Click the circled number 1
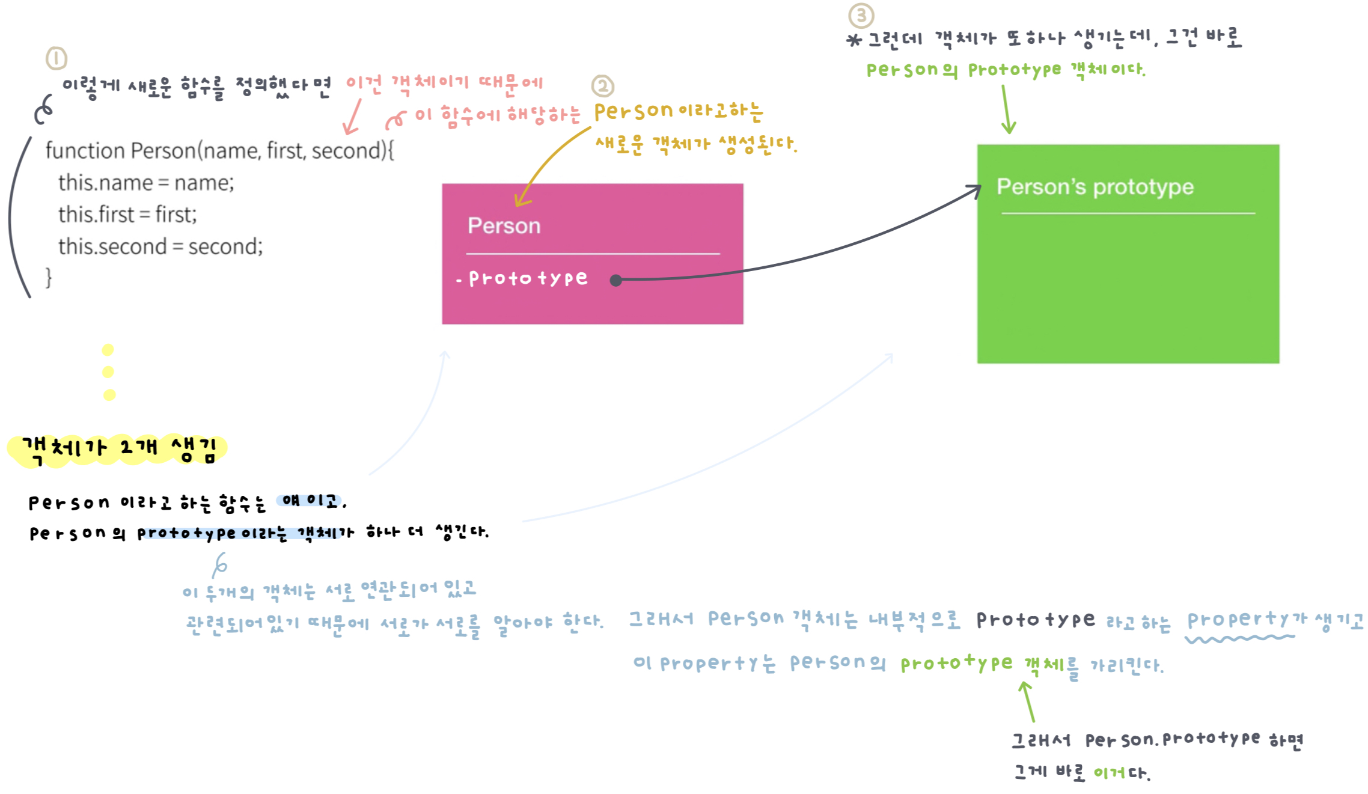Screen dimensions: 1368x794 tap(56, 58)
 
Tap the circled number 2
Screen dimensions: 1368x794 tap(603, 86)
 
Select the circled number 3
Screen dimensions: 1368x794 tap(861, 16)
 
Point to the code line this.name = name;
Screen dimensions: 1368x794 tap(146, 183)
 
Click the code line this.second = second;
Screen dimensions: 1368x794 tap(160, 246)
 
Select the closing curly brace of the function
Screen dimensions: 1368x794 tap(49, 278)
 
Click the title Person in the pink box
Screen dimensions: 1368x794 tap(504, 226)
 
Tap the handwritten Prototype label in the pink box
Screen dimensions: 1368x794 tap(528, 278)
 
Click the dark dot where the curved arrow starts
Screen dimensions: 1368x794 tap(615, 280)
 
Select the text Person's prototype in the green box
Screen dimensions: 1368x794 tap(1095, 187)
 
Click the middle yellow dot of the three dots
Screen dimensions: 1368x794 tap(108, 372)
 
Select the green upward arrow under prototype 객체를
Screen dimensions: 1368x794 tap(1027, 701)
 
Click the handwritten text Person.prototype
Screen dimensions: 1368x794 tap(1172, 740)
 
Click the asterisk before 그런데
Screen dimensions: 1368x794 tap(854, 40)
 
